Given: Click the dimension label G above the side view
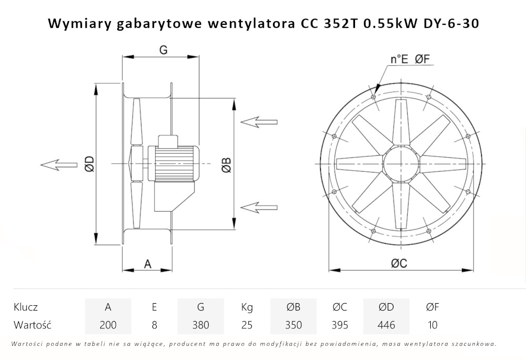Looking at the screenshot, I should coord(163,49).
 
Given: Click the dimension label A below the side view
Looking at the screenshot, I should coord(148,264).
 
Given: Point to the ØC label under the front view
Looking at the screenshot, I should coord(399,264).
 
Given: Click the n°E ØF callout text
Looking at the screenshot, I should coord(410,59).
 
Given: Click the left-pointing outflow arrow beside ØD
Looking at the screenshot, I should coord(58,165).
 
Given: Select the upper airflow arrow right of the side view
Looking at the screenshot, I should coord(259,122).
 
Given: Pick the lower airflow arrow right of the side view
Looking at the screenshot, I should coord(259,205).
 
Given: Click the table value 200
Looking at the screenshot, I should coord(108,325).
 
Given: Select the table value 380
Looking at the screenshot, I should coord(200,325).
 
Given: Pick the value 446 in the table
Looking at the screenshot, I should coord(386,325).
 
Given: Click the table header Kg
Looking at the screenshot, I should coord(247,307).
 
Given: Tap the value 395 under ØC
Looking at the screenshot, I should coord(340,325).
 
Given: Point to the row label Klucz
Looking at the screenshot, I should coord(26,307).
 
